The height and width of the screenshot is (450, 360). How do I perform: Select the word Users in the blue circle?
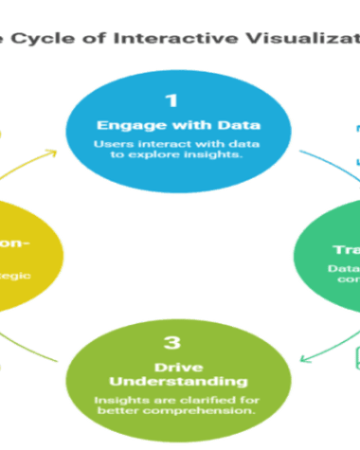tap(110, 143)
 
